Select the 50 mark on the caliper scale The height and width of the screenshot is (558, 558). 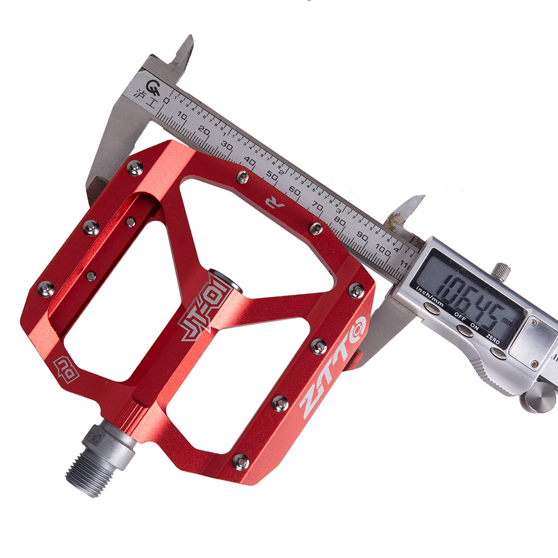click(x=273, y=176)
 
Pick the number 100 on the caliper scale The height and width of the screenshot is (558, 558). click(x=383, y=249)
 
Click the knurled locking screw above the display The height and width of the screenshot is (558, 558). click(x=502, y=270)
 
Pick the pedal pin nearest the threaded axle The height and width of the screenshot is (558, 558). click(x=240, y=460)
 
